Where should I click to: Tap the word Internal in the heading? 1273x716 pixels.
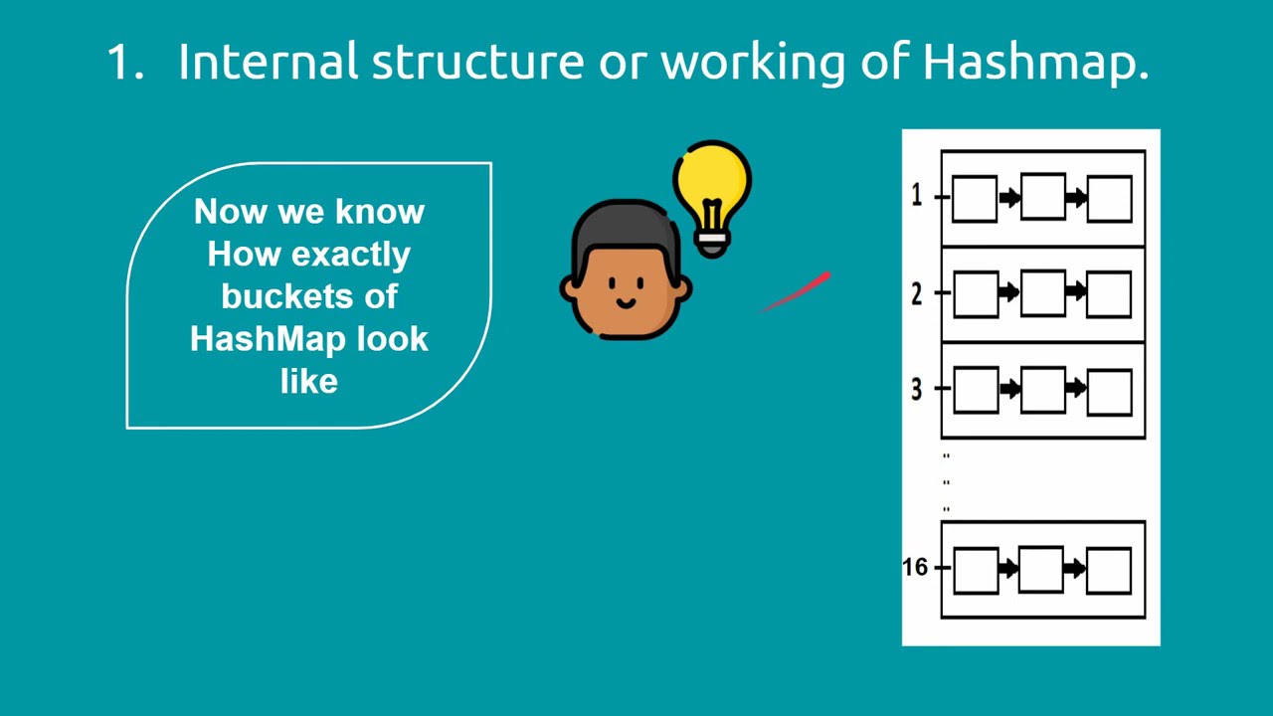coord(268,63)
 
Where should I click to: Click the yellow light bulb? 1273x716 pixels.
coord(712,189)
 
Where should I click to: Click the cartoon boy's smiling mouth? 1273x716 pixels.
coord(627,302)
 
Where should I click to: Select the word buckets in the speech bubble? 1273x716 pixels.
coord(309,296)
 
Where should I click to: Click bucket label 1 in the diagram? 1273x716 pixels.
coord(916,196)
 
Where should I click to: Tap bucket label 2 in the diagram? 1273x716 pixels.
coord(916,293)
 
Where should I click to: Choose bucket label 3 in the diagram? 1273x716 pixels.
coord(916,390)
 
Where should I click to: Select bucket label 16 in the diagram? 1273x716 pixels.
coord(914,567)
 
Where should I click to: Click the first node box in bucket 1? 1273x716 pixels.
coord(975,199)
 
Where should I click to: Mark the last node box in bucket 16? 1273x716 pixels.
coord(1109,571)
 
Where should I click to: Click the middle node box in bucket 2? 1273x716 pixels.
coord(1042,292)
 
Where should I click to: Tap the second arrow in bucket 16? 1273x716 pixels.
coord(1075,569)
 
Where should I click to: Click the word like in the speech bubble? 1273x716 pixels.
coord(309,382)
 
